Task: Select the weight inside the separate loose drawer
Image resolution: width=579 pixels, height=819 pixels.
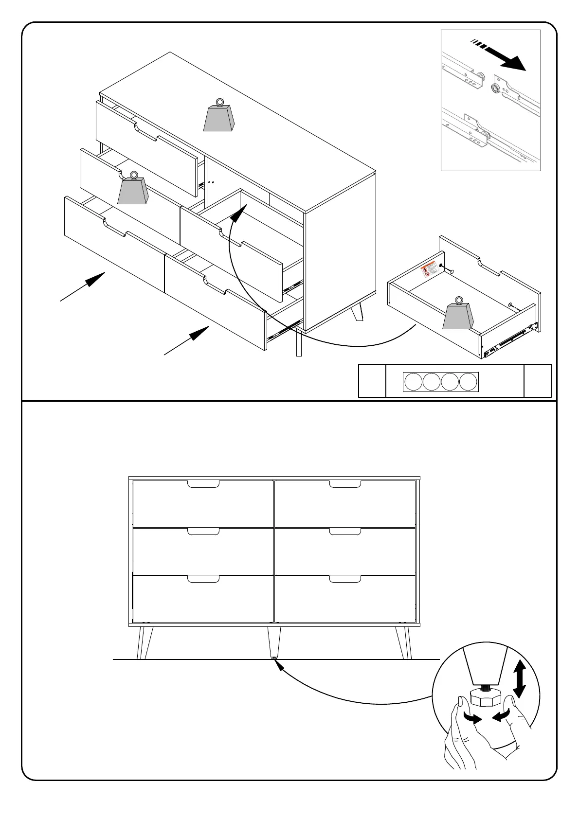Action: coord(458,315)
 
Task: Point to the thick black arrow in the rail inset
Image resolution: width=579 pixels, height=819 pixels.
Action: coord(506,57)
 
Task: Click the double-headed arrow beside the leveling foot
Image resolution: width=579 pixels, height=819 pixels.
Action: coord(519,679)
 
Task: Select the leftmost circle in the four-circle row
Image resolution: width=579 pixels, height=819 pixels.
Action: coord(413,382)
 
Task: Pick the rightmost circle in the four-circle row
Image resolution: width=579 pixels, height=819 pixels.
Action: coord(468,382)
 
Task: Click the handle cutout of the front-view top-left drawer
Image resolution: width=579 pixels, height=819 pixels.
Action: coord(203,484)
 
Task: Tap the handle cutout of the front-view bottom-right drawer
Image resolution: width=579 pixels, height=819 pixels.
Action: coord(345,579)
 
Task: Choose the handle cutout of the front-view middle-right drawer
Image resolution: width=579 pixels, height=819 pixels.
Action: coord(345,531)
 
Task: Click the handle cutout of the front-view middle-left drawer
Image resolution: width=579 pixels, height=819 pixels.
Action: coord(203,531)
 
